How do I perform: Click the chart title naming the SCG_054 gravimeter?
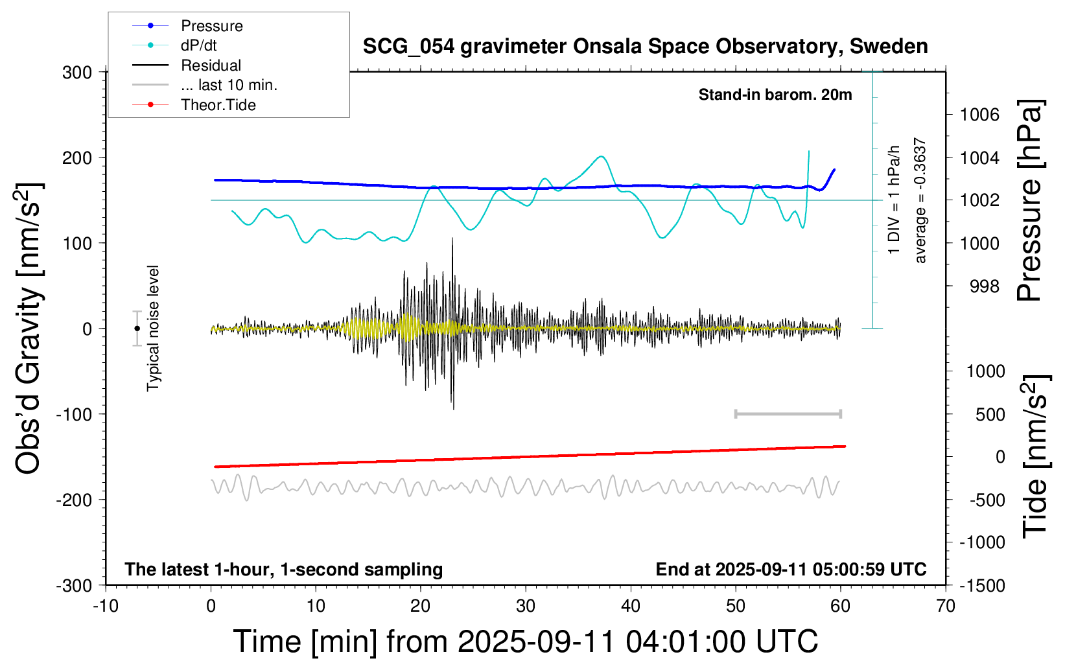coord(645,47)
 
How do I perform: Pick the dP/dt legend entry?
coord(198,45)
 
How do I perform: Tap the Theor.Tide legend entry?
coord(218,105)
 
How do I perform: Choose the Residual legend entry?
coord(211,65)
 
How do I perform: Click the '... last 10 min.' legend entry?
coord(229,85)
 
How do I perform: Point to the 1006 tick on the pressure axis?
coord(979,115)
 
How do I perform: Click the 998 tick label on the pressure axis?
coord(985,286)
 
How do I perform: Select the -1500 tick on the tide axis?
coord(982,585)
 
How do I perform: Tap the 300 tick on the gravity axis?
coord(77,72)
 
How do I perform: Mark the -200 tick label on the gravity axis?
coord(73,500)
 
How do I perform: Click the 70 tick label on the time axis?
coord(946,607)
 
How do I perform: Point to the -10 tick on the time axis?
coord(106,607)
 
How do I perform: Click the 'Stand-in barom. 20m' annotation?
coord(775,95)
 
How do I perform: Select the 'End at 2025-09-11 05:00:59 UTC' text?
coord(791,569)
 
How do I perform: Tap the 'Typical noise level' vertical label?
coord(153,328)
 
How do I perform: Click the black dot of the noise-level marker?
coord(137,329)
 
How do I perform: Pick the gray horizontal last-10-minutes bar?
coord(788,413)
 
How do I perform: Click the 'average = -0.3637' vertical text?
coord(920,200)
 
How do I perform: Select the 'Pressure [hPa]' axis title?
coord(1029,200)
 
